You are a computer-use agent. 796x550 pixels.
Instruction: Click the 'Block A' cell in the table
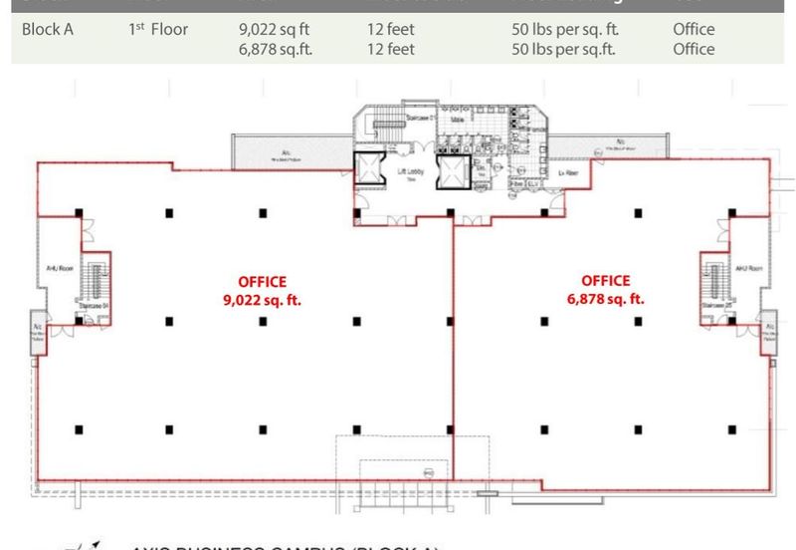pyautogui.click(x=48, y=30)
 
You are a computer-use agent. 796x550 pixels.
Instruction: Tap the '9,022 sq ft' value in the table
pyautogui.click(x=274, y=30)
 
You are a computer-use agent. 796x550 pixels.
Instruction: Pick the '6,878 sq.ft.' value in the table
pyautogui.click(x=276, y=49)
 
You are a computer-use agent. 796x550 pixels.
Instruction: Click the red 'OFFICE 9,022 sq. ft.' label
pyautogui.click(x=263, y=290)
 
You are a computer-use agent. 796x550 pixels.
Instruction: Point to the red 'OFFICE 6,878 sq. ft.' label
pyautogui.click(x=606, y=290)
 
